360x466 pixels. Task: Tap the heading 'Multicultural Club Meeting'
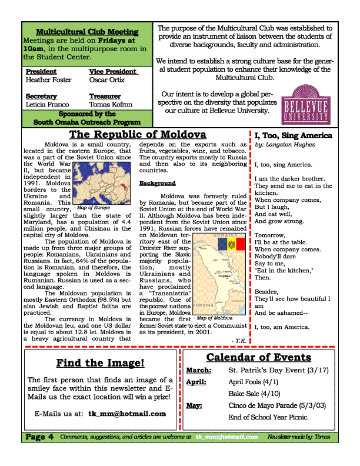coord(87,32)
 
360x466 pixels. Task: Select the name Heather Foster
coord(49,79)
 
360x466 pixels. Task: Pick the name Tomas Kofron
coord(111,104)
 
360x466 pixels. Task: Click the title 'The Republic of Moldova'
coord(138,135)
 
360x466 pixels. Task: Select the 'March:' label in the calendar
coord(198,371)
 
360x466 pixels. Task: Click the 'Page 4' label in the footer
coord(39,437)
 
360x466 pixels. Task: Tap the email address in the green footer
coord(228,437)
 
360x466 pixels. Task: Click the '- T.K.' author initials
coord(240,340)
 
